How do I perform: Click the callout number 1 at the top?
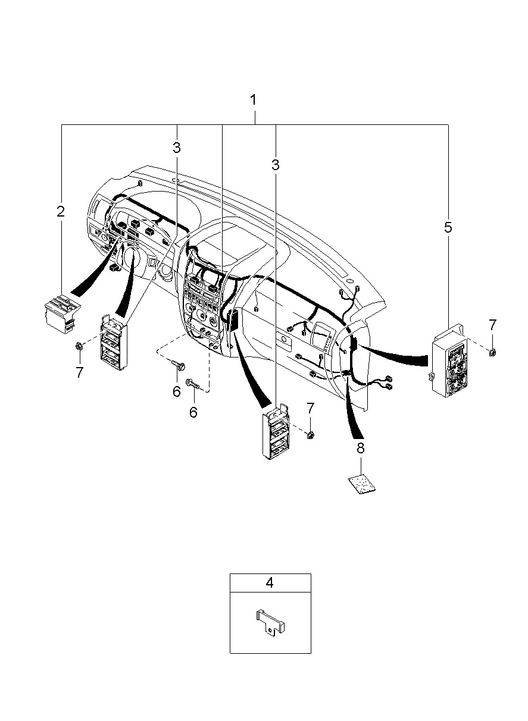click(x=254, y=100)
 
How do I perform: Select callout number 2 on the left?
click(x=61, y=211)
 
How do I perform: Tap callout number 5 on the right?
click(x=448, y=227)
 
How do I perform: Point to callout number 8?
click(x=361, y=448)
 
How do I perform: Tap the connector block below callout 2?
click(x=62, y=313)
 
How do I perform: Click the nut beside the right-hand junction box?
click(x=492, y=353)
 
